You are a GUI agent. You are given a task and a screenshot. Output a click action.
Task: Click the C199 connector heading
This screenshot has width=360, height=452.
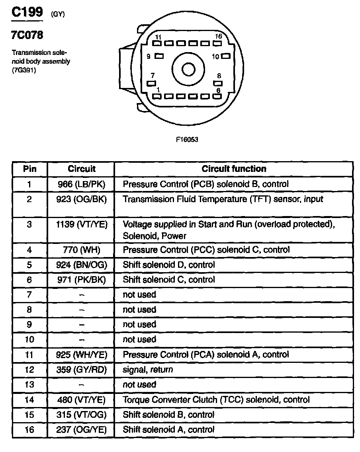pyautogui.click(x=27, y=12)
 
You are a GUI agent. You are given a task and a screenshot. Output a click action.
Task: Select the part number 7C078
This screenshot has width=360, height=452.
pyautogui.click(x=27, y=35)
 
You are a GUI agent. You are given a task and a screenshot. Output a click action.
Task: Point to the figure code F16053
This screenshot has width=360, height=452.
pyautogui.click(x=187, y=139)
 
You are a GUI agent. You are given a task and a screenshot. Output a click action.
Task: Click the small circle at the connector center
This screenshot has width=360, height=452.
pyautogui.click(x=188, y=70)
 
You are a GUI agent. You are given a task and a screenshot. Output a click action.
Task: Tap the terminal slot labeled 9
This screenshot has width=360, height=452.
pyautogui.click(x=159, y=56)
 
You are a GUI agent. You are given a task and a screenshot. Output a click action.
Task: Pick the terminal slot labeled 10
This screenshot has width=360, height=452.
pyautogui.click(x=226, y=56)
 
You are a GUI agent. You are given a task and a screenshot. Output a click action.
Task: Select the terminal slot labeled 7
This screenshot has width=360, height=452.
pyautogui.click(x=151, y=83)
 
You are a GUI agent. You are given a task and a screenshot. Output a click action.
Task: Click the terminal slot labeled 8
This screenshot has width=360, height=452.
pyautogui.click(x=217, y=83)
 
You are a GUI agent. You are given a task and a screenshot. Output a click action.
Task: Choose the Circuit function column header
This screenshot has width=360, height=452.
pyautogui.click(x=234, y=169)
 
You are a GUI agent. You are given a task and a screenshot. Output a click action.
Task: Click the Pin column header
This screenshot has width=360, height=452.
pyautogui.click(x=29, y=169)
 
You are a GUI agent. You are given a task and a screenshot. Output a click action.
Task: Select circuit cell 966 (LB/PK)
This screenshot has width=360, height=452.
pyautogui.click(x=81, y=184)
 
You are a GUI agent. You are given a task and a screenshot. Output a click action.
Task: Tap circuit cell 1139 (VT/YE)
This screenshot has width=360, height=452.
pyautogui.click(x=81, y=224)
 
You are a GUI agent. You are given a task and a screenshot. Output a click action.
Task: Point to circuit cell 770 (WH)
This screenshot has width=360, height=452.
pyautogui.click(x=81, y=250)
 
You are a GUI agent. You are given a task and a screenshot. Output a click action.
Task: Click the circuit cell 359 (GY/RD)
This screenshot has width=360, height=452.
pyautogui.click(x=81, y=370)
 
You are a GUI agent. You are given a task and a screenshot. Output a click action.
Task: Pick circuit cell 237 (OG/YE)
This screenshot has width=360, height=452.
pyautogui.click(x=81, y=430)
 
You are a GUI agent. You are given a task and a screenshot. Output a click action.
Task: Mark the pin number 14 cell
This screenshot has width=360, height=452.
pyautogui.click(x=29, y=399)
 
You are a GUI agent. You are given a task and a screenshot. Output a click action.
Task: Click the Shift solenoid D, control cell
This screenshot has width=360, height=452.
pyautogui.click(x=169, y=265)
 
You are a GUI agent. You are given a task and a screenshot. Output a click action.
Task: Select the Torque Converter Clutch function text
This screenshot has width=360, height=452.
pyautogui.click(x=216, y=399)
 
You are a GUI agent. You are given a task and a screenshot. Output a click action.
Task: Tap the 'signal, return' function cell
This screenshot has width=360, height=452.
pyautogui.click(x=148, y=370)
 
